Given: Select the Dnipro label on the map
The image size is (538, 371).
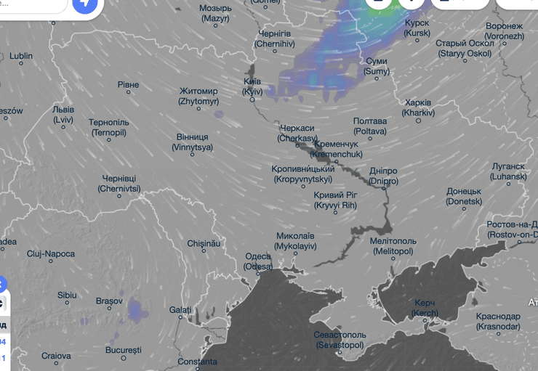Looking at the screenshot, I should click(383, 176).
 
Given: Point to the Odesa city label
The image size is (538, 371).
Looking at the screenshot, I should click(258, 261).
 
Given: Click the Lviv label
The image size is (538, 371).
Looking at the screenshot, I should click(63, 114).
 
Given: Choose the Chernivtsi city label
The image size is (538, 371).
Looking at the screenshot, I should click(119, 183).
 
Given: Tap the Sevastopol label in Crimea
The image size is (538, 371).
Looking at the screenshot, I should click(340, 340).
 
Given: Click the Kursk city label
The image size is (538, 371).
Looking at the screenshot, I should click(417, 28).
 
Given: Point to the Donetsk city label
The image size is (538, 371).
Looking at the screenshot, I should click(464, 196).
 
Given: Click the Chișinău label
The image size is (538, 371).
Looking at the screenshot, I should click(204, 244).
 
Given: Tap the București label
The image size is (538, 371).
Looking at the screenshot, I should click(123, 350).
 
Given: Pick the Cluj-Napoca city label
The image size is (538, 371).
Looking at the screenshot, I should click(50, 254).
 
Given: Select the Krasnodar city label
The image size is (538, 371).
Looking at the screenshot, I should click(499, 322).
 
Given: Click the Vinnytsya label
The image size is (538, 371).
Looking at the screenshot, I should click(193, 142).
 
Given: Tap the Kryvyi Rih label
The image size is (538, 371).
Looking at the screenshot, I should click(335, 200).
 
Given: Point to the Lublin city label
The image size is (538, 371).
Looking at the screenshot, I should click(21, 56).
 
